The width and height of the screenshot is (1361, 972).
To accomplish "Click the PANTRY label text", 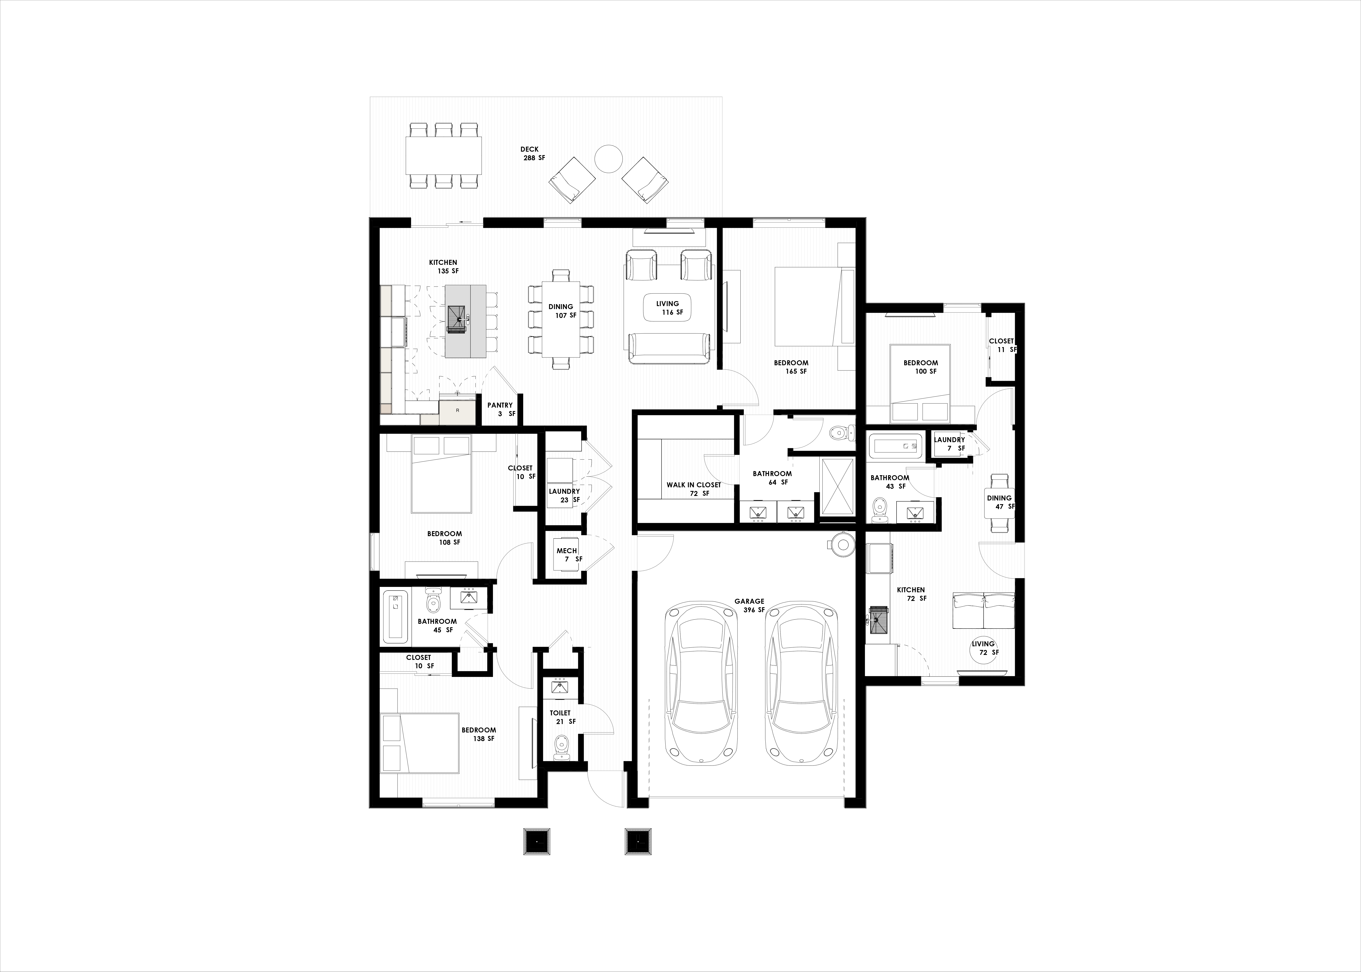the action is [x=500, y=405].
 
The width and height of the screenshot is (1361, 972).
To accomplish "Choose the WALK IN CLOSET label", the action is [x=694, y=485].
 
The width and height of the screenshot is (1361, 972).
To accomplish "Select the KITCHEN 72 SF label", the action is [x=911, y=594].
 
